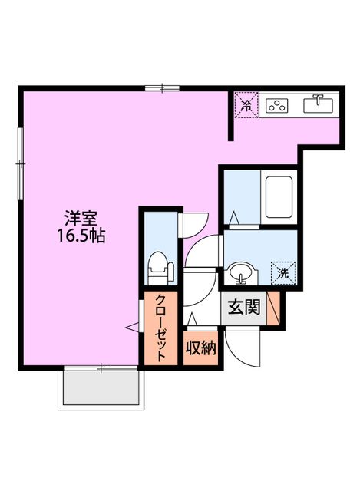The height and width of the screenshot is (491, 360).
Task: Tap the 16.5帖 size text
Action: point(80,236)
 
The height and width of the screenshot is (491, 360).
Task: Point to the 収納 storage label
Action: point(201,348)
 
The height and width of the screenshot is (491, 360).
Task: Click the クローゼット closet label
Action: point(162,328)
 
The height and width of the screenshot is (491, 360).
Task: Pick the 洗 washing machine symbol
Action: point(282,272)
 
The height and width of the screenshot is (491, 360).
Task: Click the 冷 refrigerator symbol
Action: point(246,106)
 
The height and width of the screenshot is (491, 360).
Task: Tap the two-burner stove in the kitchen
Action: point(276,106)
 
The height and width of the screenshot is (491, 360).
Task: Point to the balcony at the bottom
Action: point(100,389)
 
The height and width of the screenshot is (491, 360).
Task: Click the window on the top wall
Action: point(162,88)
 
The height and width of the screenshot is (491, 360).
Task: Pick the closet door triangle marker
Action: point(133,328)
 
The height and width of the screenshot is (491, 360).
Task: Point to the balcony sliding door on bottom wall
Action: point(100,368)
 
